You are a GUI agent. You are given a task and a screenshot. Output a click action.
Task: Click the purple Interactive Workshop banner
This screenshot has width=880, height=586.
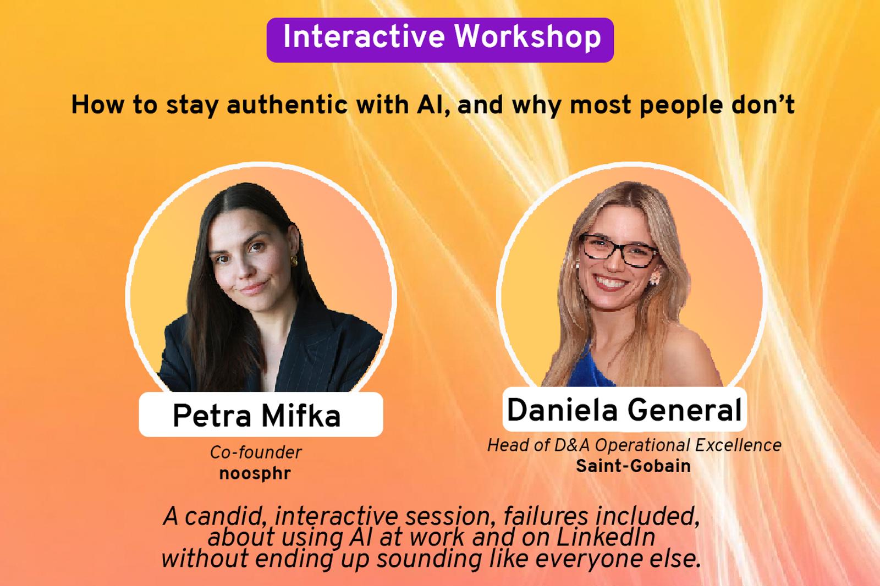(440, 40)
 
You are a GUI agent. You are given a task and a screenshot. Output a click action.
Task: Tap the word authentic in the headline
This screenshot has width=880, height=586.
(287, 105)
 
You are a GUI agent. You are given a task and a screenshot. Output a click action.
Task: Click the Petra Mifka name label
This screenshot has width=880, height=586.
(261, 414)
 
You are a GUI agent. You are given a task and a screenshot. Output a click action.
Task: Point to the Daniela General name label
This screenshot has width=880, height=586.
(624, 409)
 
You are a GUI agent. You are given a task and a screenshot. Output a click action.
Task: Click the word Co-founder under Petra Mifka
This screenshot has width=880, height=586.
(256, 452)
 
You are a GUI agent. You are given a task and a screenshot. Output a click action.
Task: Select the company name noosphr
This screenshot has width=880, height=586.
(255, 473)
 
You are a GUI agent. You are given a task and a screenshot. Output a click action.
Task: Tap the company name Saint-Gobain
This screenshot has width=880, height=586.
(633, 466)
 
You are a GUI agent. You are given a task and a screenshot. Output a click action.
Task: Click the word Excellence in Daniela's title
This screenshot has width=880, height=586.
(738, 445)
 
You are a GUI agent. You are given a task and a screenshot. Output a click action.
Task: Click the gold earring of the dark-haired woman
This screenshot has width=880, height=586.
(294, 261)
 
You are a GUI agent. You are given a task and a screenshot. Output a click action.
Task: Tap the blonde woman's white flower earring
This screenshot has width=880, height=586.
(655, 277)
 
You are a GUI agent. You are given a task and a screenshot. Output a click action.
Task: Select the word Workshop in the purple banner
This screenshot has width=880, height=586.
(527, 36)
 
